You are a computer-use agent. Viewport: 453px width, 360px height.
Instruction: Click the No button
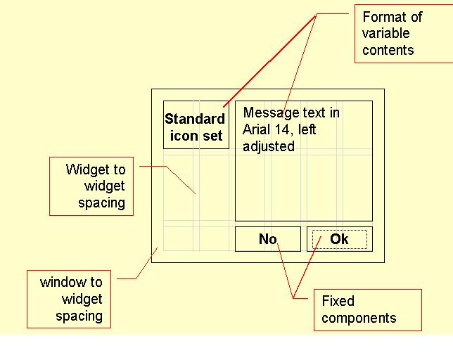[267, 239]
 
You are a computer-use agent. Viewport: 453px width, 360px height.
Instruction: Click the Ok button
[339, 239]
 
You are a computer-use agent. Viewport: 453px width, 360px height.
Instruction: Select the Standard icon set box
[196, 127]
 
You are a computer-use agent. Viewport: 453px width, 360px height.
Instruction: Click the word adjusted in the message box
[269, 146]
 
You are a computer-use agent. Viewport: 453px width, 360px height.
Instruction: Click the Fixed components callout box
[366, 309]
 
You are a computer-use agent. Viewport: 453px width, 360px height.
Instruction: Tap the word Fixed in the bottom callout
[338, 301]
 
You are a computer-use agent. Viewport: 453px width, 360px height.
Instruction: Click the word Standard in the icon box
[195, 119]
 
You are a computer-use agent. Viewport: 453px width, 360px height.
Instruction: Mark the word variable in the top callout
[385, 33]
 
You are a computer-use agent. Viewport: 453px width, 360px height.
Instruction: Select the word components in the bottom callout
[359, 318]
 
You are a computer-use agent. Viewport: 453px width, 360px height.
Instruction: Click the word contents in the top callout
[388, 50]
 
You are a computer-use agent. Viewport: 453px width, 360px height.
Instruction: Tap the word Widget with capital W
[87, 169]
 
